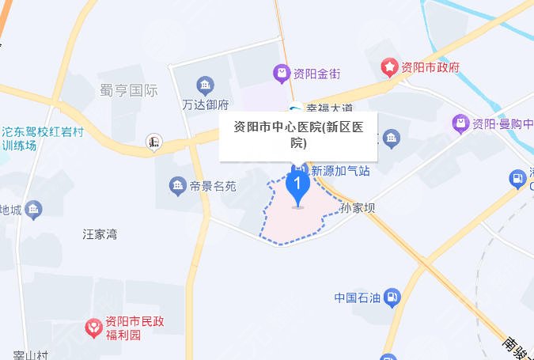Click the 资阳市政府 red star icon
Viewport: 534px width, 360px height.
(389, 67)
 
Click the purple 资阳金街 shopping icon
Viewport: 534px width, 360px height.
(281, 74)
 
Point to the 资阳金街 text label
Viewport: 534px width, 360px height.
(316, 74)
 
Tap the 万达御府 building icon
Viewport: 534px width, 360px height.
(206, 85)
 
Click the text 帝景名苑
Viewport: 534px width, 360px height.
(214, 187)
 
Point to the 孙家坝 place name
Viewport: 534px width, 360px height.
(357, 209)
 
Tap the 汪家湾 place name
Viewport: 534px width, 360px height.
(100, 234)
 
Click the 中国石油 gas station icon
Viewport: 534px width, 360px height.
(393, 297)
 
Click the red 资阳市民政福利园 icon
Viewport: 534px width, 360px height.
(93, 326)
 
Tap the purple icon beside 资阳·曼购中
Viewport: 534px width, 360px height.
(460, 123)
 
